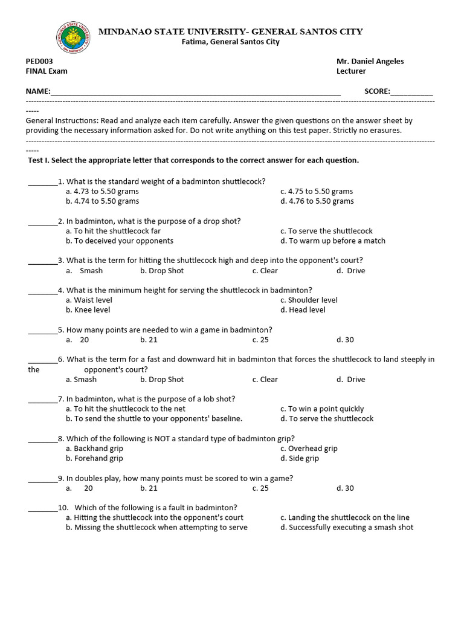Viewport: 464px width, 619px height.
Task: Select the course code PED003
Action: (x=39, y=61)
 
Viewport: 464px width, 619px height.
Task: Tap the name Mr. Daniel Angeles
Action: (x=370, y=61)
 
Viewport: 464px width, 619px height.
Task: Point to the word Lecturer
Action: (x=351, y=71)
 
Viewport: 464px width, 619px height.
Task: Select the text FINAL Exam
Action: (x=47, y=71)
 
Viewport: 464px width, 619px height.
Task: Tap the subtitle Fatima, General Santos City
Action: (x=231, y=42)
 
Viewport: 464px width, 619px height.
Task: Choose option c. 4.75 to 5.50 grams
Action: (x=317, y=191)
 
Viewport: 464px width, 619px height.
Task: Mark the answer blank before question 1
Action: (x=42, y=182)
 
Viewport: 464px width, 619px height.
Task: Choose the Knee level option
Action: (x=91, y=309)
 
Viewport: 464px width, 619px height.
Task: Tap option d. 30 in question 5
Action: (x=346, y=340)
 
